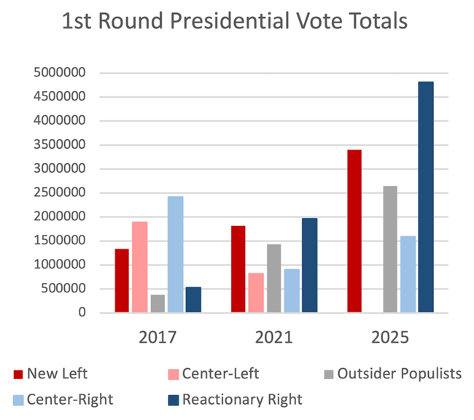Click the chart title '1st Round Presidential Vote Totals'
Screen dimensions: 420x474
click(x=235, y=22)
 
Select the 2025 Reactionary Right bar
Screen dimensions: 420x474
click(x=426, y=197)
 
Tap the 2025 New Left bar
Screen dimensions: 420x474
click(x=355, y=231)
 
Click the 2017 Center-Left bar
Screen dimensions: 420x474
click(x=140, y=267)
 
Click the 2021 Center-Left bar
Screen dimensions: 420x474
click(x=257, y=292)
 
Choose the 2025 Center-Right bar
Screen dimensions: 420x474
click(x=408, y=274)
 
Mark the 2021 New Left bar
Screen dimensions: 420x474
click(x=238, y=269)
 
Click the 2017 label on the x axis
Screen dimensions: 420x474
click(x=158, y=338)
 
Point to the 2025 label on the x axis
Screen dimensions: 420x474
click(x=390, y=338)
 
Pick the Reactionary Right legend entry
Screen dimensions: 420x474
click(x=233, y=399)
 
